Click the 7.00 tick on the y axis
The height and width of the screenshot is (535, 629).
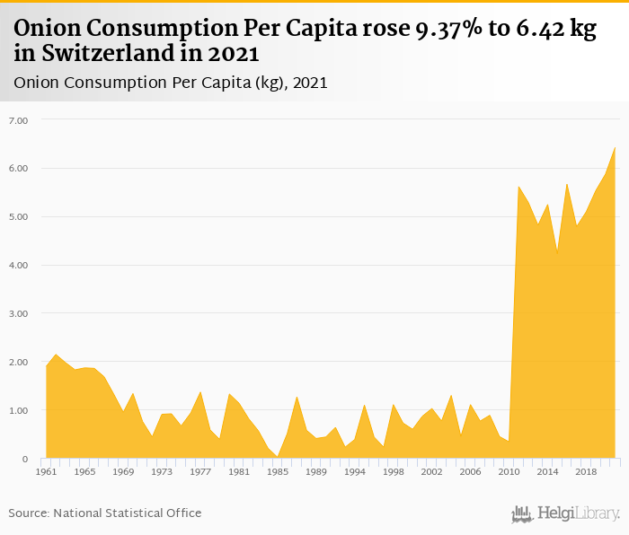19,120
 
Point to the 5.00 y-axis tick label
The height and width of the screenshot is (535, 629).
19,217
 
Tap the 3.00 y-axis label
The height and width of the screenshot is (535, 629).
19,314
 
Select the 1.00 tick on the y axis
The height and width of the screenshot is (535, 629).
19,411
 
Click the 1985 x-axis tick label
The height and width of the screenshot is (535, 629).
278,471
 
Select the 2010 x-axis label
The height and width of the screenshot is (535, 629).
509,471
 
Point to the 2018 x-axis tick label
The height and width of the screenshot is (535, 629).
586,471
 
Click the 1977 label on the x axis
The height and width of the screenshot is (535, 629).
200,471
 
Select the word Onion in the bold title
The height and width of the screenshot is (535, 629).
46,29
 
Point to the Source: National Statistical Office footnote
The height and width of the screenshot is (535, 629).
105,513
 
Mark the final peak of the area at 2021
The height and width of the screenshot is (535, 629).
615,147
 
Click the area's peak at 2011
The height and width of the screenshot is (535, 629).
518,187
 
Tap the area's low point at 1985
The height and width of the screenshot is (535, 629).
278,456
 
